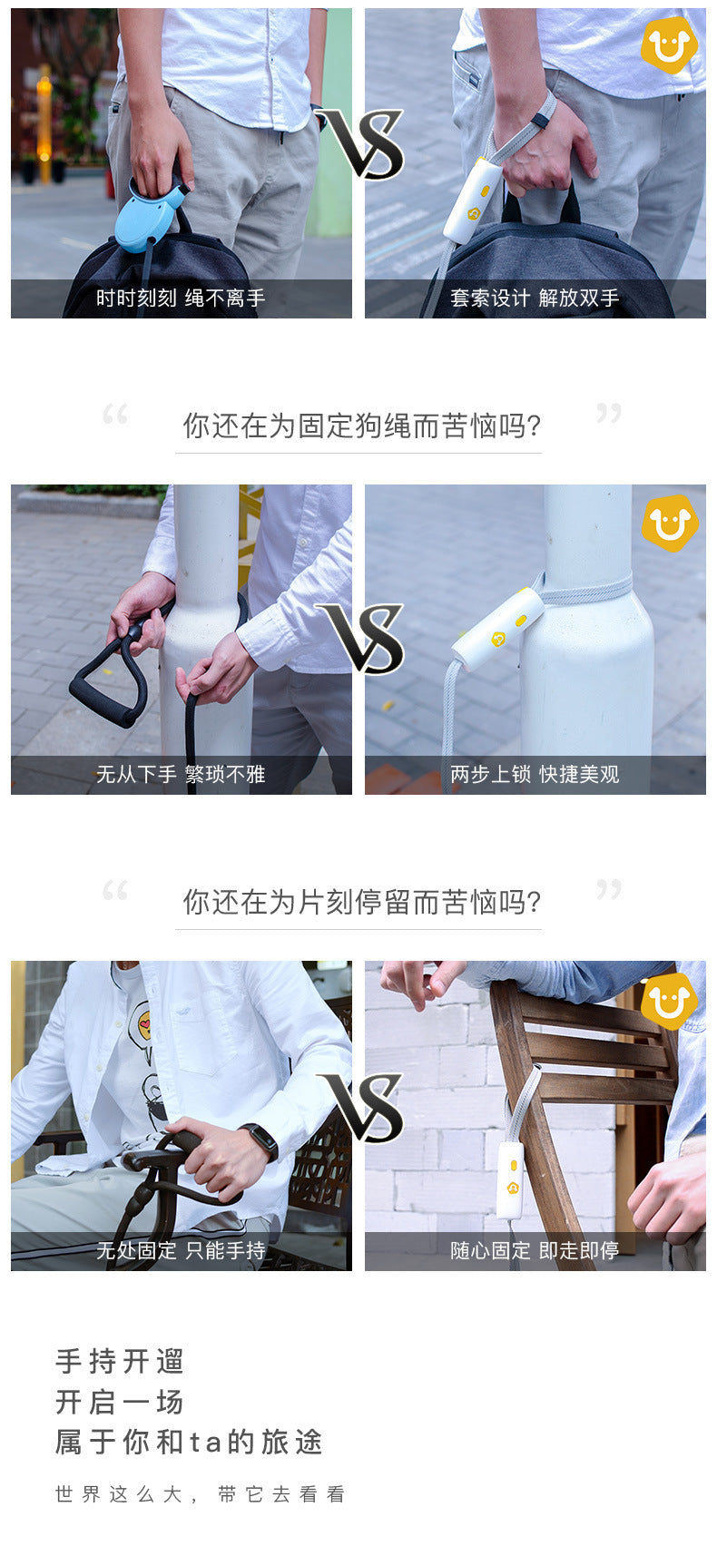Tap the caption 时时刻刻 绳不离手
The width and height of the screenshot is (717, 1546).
pyautogui.click(x=181, y=298)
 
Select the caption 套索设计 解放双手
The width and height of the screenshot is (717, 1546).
pyautogui.click(x=535, y=298)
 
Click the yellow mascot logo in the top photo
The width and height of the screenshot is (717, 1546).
pyautogui.click(x=669, y=44)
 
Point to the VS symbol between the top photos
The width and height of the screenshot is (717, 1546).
pyautogui.click(x=361, y=143)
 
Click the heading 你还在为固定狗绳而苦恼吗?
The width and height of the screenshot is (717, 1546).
pyautogui.click(x=361, y=426)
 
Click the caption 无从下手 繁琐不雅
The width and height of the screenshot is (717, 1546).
pyautogui.click(x=181, y=775)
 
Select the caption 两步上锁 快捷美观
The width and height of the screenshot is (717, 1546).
pyautogui.click(x=535, y=775)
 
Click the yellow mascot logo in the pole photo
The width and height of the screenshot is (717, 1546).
pyautogui.click(x=669, y=523)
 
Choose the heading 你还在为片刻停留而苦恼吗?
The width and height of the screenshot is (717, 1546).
pyautogui.click(x=361, y=902)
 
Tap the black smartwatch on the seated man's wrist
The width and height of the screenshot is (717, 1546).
pyautogui.click(x=258, y=1140)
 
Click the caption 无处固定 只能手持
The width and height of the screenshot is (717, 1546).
pyautogui.click(x=181, y=1250)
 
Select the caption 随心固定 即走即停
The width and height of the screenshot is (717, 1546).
pyautogui.click(x=535, y=1250)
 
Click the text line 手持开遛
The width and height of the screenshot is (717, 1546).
pyautogui.click(x=120, y=1362)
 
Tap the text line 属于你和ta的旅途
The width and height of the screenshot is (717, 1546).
pyautogui.click(x=189, y=1443)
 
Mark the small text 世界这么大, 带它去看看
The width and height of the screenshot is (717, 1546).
pyautogui.click(x=201, y=1494)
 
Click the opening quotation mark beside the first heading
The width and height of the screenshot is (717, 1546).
pyautogui.click(x=114, y=414)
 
